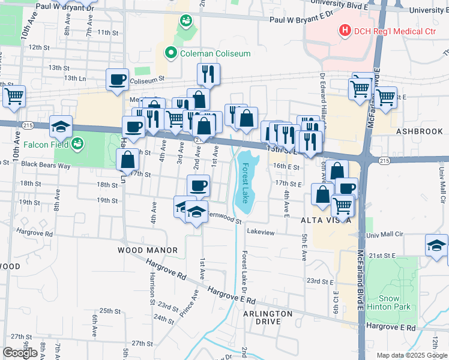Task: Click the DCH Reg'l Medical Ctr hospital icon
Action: [x=345, y=29]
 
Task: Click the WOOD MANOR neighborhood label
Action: [x=148, y=250]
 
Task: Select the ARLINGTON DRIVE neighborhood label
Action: [x=268, y=317]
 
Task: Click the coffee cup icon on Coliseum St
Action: [x=118, y=79]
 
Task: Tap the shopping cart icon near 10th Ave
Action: [x=14, y=95]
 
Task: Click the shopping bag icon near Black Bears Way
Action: [x=128, y=160]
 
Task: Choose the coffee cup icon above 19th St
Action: [x=198, y=185]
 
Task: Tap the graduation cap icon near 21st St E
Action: [x=436, y=245]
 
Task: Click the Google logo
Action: [x=20, y=353]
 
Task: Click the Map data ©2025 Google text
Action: [x=411, y=355]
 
